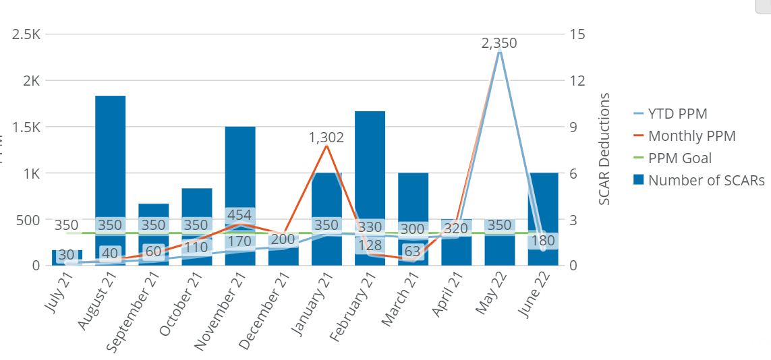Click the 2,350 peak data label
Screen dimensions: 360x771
pos(499,43)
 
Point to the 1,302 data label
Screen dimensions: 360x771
pos(326,138)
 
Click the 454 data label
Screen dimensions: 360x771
pos(239,215)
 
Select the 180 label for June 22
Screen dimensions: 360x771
pos(543,241)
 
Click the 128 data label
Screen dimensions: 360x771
pos(370,245)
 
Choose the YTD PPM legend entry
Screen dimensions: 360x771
pos(677,114)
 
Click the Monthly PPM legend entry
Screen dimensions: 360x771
pos(691,136)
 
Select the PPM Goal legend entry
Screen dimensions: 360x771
pos(679,158)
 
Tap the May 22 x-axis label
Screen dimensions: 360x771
pos(492,297)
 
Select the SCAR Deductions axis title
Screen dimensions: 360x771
pos(604,148)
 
